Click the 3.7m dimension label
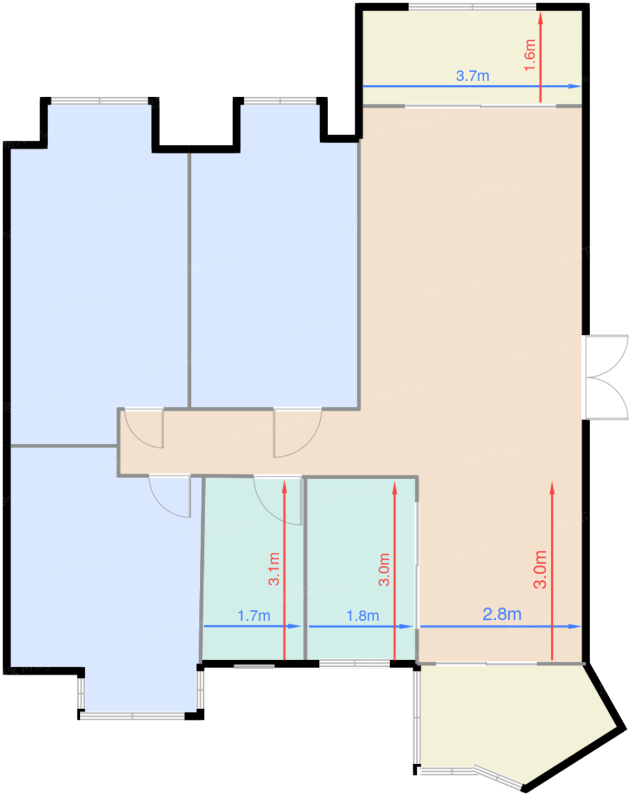tap(473, 76)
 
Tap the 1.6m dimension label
tap(530, 55)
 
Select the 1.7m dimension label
tap(254, 616)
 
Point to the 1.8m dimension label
tap(363, 616)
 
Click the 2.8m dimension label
tap(502, 615)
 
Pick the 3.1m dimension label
tap(274, 569)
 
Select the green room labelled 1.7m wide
tap(253, 569)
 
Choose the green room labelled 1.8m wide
tap(361, 569)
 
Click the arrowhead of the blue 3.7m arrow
tap(575, 86)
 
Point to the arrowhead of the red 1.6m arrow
tap(541, 18)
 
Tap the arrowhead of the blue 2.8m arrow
tap(575, 626)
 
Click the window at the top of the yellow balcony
tap(472, 7)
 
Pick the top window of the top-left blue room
tap(99, 101)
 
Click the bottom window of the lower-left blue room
tap(132, 716)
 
